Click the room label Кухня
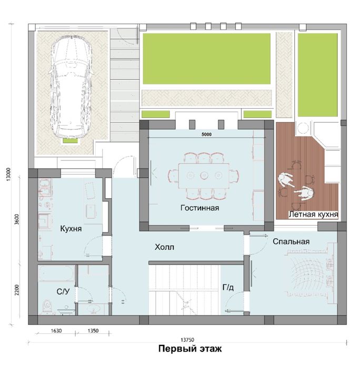click(71, 228)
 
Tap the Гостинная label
click(200, 208)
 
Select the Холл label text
click(165, 247)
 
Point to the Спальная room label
click(291, 241)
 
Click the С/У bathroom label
click(63, 291)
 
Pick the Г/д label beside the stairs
click(228, 287)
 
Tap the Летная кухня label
click(313, 214)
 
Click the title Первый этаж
click(190, 349)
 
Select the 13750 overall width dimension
click(187, 340)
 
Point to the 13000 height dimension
click(8, 174)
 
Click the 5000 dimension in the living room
click(206, 134)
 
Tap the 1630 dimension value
click(56, 331)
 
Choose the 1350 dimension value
click(93, 331)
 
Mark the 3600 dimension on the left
click(17, 219)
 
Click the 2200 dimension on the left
click(17, 290)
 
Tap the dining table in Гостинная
click(204, 175)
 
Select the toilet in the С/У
click(47, 306)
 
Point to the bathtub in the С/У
click(56, 273)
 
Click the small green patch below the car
click(70, 140)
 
